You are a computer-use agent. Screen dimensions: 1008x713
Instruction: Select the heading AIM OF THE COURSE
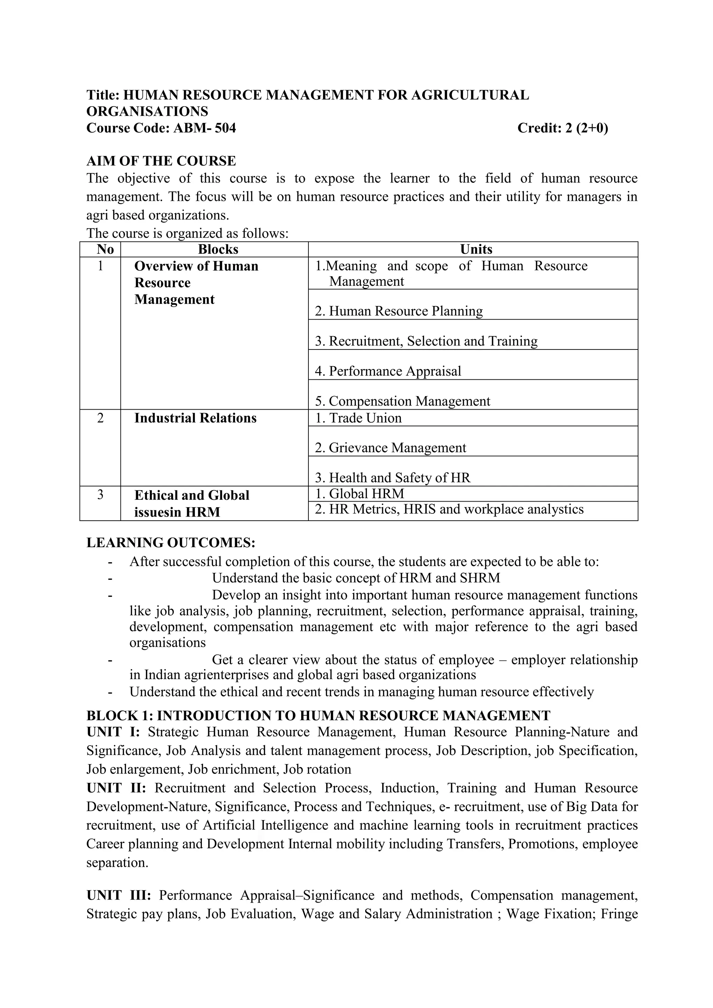[x=161, y=161]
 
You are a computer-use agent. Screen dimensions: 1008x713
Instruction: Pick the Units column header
[x=476, y=249]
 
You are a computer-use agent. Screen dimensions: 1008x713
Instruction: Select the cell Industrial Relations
[x=195, y=418]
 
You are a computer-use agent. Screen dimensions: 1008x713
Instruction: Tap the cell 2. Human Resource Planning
[x=399, y=311]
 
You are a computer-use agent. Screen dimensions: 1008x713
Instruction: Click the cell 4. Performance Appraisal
[x=388, y=371]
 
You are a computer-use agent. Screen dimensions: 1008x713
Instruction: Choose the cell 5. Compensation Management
[x=402, y=401]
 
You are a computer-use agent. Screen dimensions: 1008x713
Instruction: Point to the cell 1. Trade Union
[x=358, y=418]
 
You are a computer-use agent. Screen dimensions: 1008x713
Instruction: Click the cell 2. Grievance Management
[x=390, y=448]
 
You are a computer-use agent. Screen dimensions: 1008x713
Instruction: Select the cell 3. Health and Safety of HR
[x=392, y=478]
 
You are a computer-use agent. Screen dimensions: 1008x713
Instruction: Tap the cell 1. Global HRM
[x=360, y=494]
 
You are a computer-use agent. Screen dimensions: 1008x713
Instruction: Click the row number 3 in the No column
[x=100, y=495]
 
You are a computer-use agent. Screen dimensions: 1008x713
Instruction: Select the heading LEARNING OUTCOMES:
[x=171, y=543]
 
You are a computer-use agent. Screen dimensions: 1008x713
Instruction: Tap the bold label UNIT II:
[x=116, y=788]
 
